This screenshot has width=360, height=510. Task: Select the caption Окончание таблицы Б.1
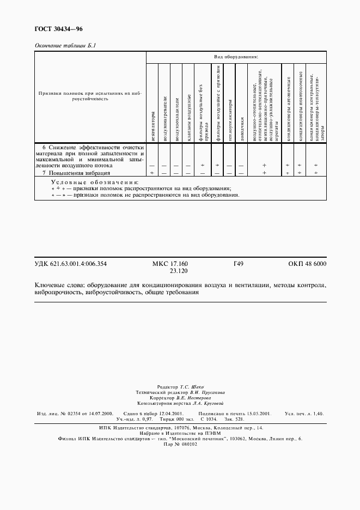(65, 47)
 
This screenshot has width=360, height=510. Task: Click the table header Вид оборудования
(236, 57)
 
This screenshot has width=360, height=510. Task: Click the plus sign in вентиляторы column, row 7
(152, 173)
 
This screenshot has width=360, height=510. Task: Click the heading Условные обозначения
(94, 181)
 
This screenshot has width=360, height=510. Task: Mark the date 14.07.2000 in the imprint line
(100, 414)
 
